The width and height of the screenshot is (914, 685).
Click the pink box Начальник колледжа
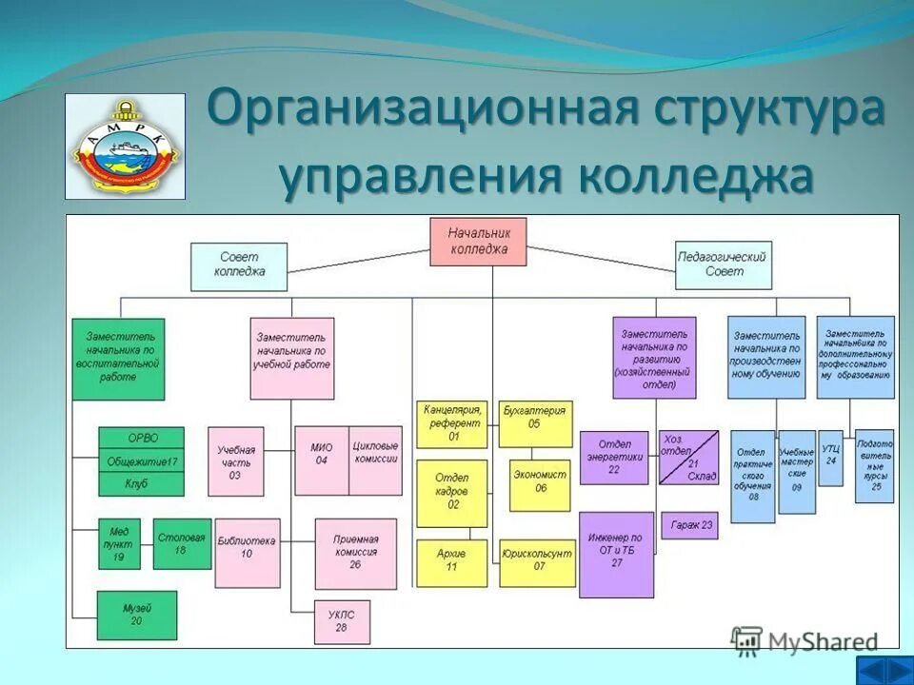tap(479, 242)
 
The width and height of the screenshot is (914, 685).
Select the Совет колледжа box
tap(239, 266)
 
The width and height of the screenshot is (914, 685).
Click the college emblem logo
tap(125, 146)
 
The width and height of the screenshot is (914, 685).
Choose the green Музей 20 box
tap(136, 614)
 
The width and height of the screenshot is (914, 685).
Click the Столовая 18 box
tap(182, 543)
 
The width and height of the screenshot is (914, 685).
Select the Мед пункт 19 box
tap(119, 543)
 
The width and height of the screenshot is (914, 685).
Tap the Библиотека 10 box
tap(247, 552)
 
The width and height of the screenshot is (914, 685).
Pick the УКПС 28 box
tap(342, 621)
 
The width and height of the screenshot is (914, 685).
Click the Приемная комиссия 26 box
tap(355, 552)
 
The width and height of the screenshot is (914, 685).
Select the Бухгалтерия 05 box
tap(536, 423)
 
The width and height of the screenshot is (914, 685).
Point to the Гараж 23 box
tap(690, 524)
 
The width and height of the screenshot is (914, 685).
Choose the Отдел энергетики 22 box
tap(614, 457)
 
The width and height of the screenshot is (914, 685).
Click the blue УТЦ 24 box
tap(831, 458)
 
